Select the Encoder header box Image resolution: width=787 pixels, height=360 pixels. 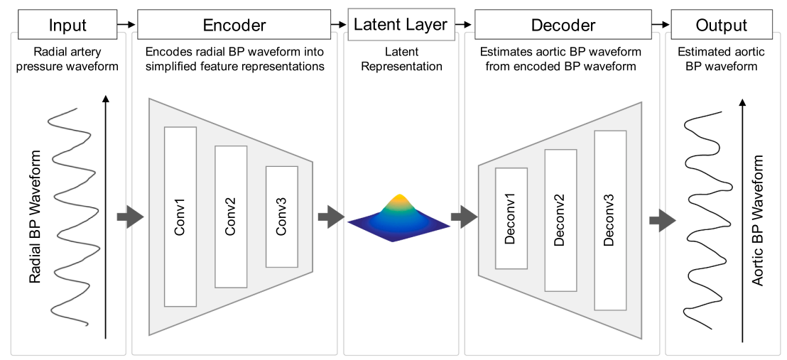pyautogui.click(x=234, y=26)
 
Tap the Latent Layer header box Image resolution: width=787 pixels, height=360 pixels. pyautogui.click(x=400, y=25)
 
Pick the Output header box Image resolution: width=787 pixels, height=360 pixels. pyautogui.click(x=721, y=26)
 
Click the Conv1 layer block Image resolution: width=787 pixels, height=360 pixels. pyautogui.click(x=180, y=217)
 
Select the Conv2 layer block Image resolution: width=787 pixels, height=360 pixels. pyautogui.click(x=231, y=217)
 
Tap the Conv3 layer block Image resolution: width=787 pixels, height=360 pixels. pyautogui.click(x=281, y=217)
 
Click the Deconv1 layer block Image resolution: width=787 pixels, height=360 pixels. pyautogui.click(x=511, y=218)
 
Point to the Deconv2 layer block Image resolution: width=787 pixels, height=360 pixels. pyautogui.click(x=560, y=220)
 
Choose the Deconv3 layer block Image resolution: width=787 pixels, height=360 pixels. pyautogui.click(x=610, y=220)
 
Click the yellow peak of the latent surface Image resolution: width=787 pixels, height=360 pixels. pyautogui.click(x=400, y=200)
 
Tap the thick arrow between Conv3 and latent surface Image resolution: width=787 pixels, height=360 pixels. pyautogui.click(x=330, y=217)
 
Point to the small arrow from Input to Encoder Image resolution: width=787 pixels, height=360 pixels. pyautogui.click(x=126, y=26)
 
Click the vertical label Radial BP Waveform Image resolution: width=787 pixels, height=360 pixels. pyautogui.click(x=36, y=217)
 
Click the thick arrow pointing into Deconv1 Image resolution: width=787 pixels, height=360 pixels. pyautogui.click(x=464, y=217)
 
